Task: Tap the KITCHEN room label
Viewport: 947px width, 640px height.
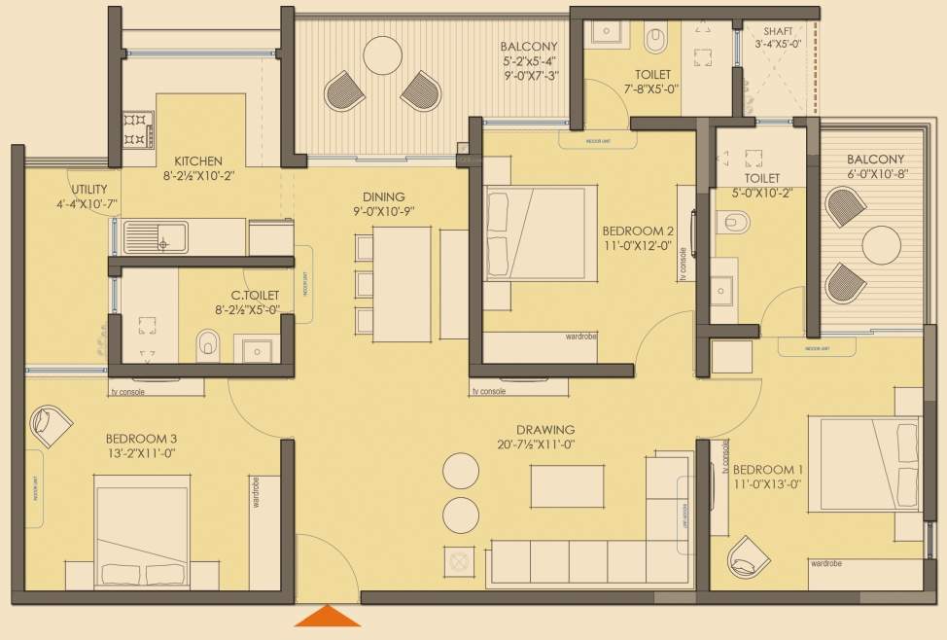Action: pyautogui.click(x=199, y=160)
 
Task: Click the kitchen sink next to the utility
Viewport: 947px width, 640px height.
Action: pyautogui.click(x=156, y=236)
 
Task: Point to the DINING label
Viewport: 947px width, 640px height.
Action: pyautogui.click(x=378, y=196)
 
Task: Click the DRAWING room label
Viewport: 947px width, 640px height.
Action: pyautogui.click(x=545, y=429)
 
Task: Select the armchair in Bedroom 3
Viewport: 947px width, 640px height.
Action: pyautogui.click(x=51, y=424)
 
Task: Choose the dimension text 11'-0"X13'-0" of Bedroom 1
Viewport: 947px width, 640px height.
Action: pyautogui.click(x=767, y=483)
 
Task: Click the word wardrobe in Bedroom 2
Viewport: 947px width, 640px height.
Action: pyautogui.click(x=581, y=337)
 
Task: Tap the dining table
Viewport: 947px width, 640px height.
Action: pyautogui.click(x=398, y=284)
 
